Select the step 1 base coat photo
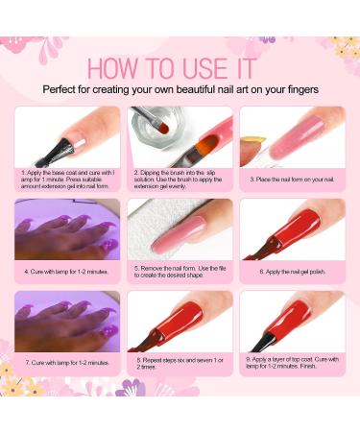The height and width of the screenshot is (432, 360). click(x=67, y=135)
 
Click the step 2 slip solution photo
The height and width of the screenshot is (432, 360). click(x=180, y=135)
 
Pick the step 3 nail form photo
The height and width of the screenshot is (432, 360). click(x=292, y=135)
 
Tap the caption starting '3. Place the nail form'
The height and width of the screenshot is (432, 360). click(x=292, y=179)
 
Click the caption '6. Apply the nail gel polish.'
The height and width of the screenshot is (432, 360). click(x=292, y=272)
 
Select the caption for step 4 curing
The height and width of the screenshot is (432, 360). click(x=67, y=272)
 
